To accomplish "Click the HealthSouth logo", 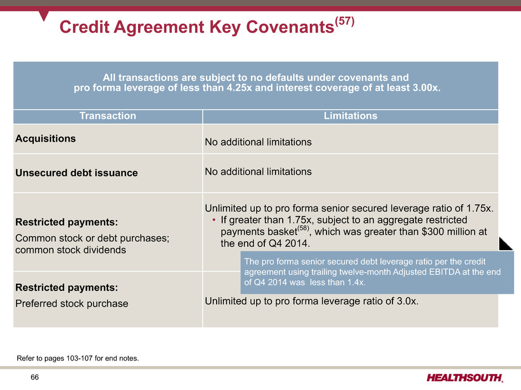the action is click(x=465, y=378).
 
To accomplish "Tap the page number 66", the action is click(x=34, y=377).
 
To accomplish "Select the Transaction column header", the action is click(x=108, y=116).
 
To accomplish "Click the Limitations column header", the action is click(x=350, y=116).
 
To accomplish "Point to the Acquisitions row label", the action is click(x=45, y=139).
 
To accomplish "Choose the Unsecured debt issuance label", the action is click(x=76, y=173).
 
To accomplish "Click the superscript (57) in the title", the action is click(x=345, y=21).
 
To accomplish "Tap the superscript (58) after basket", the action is click(x=303, y=228).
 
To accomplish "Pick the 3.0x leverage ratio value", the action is click(x=406, y=301).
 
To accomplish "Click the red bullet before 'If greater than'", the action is click(x=214, y=220).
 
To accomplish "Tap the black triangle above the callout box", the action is click(x=505, y=244).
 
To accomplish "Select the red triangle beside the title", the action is click(x=44, y=15).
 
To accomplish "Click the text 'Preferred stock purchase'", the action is click(x=71, y=304).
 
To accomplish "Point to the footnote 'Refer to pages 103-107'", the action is click(x=78, y=358).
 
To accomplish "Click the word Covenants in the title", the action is click(x=290, y=27).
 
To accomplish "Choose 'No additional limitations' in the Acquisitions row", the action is click(x=258, y=142).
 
